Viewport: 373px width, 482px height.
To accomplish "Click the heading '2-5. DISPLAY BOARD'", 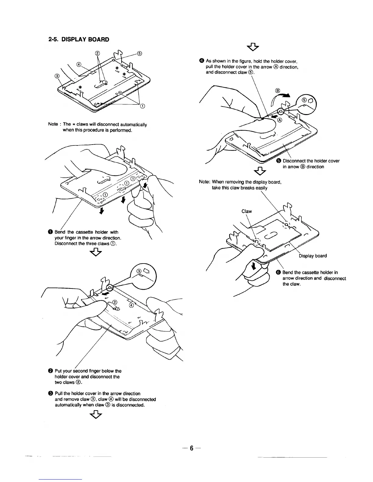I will [79, 40].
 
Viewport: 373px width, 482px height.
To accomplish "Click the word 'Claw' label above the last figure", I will [247, 211].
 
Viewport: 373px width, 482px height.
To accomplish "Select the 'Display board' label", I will [313, 256].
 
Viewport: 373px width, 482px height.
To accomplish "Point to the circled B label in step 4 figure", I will [277, 90].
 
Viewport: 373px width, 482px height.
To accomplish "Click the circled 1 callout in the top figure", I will [142, 106].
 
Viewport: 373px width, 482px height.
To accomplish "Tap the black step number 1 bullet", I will [50, 232].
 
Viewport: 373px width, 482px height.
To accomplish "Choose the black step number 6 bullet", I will [278, 272].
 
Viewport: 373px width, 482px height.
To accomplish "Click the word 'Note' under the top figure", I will [53, 124].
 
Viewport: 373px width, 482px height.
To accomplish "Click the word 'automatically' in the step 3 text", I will [69, 405].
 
